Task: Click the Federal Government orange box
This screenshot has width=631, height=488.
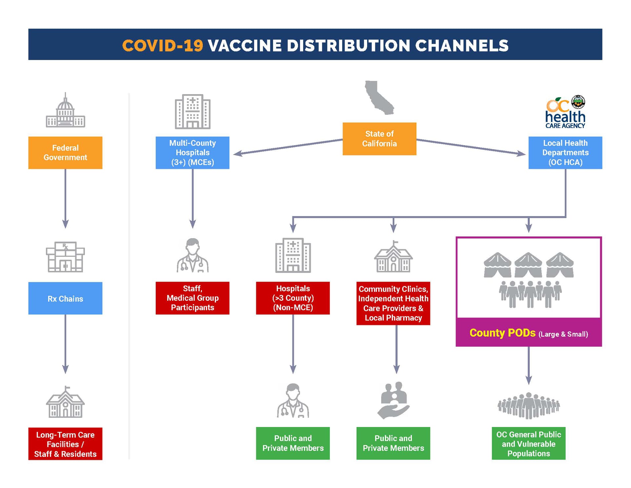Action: coord(65,153)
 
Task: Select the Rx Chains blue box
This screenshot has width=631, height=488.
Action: coord(65,298)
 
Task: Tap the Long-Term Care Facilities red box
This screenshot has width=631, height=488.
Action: coord(65,444)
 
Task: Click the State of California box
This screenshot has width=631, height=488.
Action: coord(379,139)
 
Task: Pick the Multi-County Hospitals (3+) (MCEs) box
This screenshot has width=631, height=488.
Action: coord(192,153)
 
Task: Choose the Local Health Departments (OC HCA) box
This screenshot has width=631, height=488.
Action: coord(565,153)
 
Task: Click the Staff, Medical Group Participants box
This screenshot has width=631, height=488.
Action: coord(192,298)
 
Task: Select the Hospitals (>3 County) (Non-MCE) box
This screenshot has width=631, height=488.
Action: coord(293,298)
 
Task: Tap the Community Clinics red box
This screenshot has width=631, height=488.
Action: coord(393,303)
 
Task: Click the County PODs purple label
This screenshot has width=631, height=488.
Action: coord(528,333)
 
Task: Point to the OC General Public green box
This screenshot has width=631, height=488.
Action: coord(528,444)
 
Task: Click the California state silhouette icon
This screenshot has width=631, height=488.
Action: coord(379,97)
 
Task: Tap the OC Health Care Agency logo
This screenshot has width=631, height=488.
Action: coord(565,112)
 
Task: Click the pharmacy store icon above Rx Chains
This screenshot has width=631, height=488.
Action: coord(65,257)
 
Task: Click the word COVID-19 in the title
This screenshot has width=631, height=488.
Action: coord(163,45)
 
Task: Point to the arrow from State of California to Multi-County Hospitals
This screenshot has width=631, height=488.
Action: coord(288,147)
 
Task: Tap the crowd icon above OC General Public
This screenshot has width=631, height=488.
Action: coord(528,406)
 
